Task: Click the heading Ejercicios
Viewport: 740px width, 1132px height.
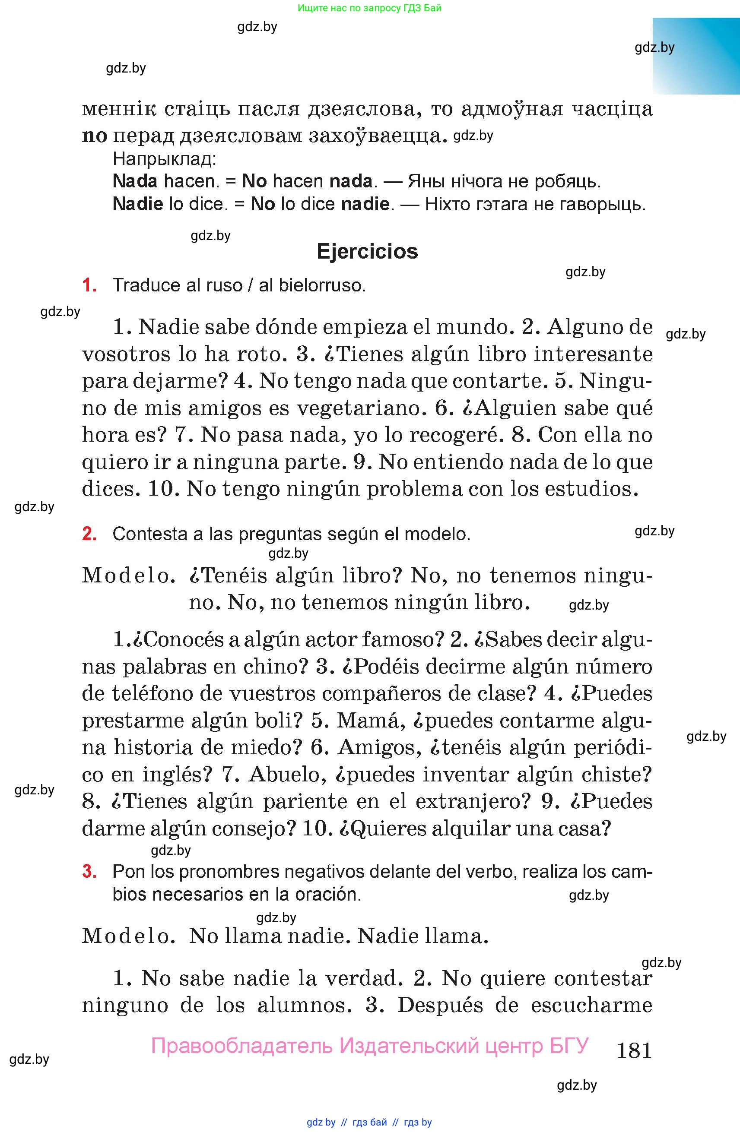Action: pyautogui.click(x=367, y=251)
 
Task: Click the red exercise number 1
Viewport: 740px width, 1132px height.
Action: pyautogui.click(x=89, y=285)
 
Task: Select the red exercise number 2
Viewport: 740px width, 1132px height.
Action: pyautogui.click(x=89, y=534)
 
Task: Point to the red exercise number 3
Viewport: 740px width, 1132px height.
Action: pyautogui.click(x=89, y=871)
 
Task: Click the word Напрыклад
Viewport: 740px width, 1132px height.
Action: pyautogui.click(x=164, y=158)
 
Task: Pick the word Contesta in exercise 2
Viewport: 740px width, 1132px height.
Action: pyautogui.click(x=149, y=534)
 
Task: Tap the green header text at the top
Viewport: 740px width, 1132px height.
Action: pyautogui.click(x=369, y=8)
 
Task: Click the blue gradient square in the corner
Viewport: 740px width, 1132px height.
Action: pyautogui.click(x=696, y=56)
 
